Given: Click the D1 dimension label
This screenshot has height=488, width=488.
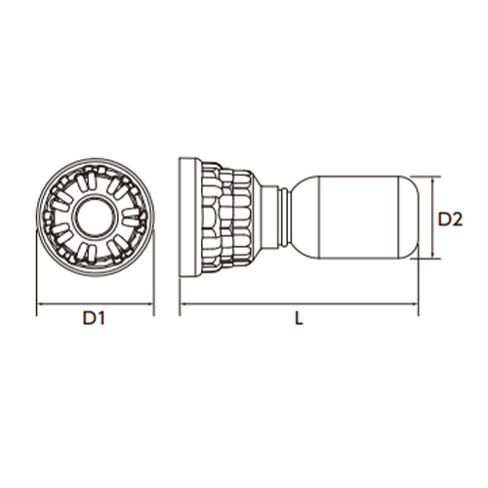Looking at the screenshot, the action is (94, 318).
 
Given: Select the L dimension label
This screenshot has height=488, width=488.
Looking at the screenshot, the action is (299, 318).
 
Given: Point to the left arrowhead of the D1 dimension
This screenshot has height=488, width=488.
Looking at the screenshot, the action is (40, 305).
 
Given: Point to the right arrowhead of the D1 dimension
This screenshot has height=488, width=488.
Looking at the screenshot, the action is (150, 305).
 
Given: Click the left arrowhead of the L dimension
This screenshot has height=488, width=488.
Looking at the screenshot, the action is (183, 305).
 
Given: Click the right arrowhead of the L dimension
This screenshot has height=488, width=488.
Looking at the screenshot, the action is (415, 305).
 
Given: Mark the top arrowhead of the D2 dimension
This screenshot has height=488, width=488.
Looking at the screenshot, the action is (433, 180).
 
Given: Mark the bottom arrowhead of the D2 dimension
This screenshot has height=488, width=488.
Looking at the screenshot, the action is (433, 256).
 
